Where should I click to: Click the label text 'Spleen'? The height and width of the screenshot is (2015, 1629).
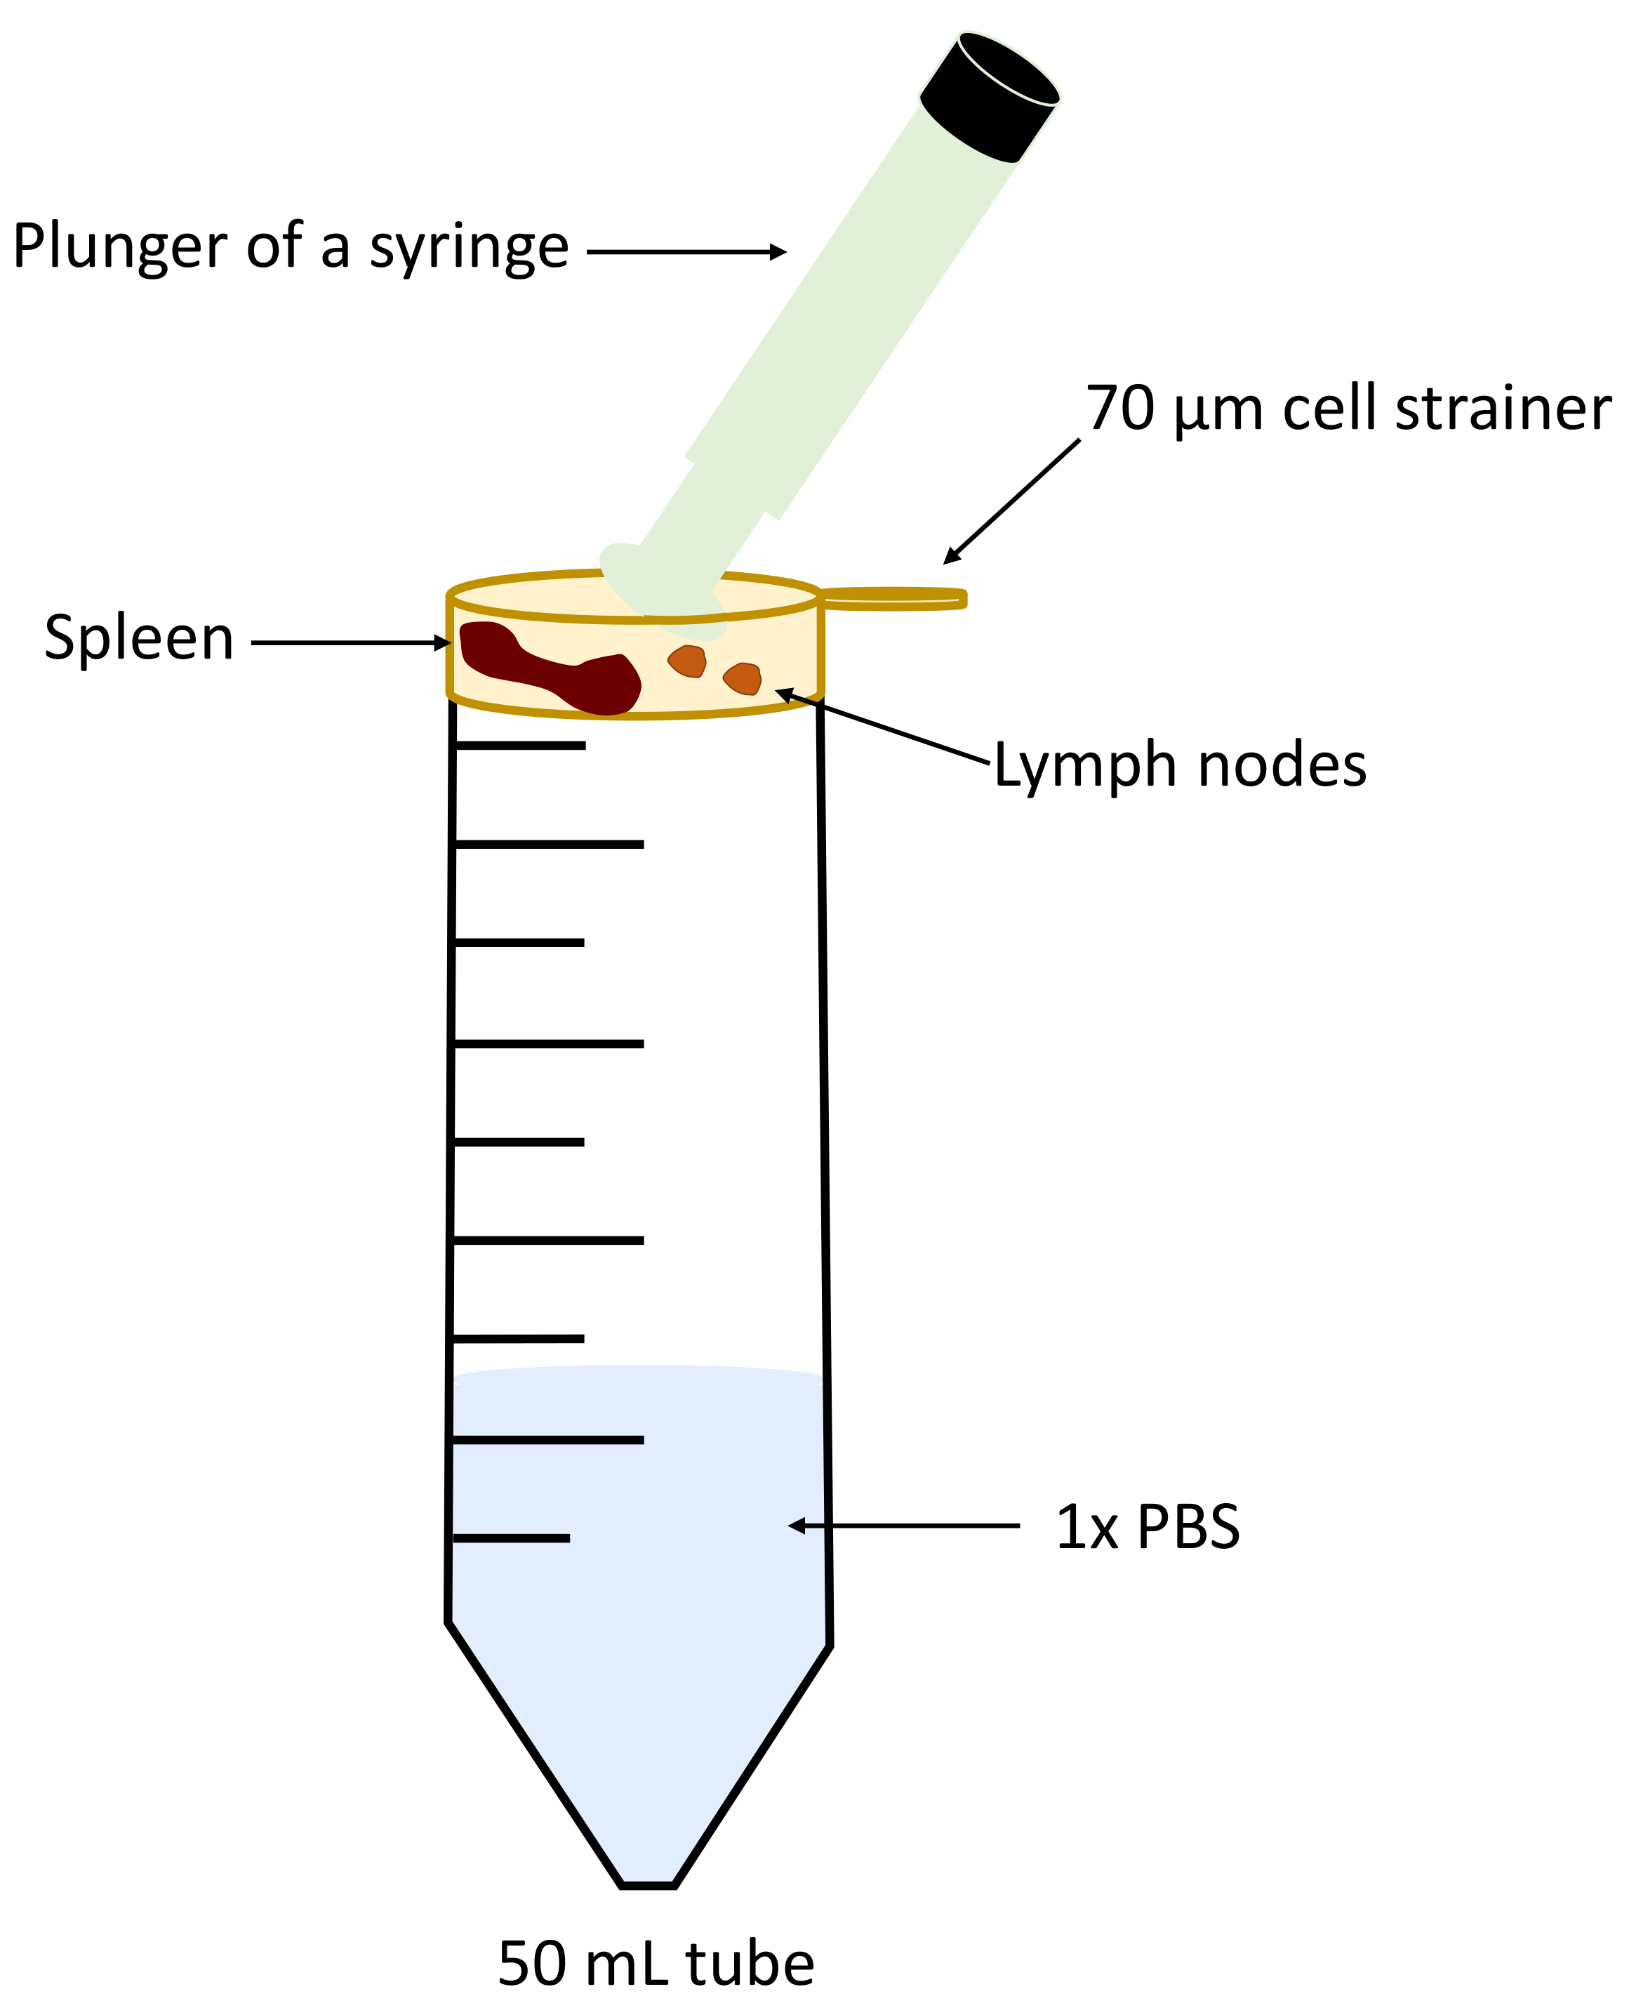pyautogui.click(x=139, y=639)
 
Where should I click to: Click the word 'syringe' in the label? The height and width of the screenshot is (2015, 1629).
pyautogui.click(x=469, y=248)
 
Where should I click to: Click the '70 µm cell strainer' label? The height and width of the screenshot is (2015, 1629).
pyautogui.click(x=1348, y=410)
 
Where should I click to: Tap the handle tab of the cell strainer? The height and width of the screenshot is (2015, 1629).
pyautogui.click(x=893, y=599)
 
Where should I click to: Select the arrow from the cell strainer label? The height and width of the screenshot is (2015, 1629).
pyautogui.click(x=1011, y=501)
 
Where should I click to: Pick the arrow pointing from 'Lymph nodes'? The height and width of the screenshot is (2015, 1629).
pyautogui.click(x=883, y=727)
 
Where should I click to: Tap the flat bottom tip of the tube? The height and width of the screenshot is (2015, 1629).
pyautogui.click(x=649, y=1884)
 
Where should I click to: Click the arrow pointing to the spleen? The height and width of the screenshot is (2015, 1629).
pyautogui.click(x=351, y=643)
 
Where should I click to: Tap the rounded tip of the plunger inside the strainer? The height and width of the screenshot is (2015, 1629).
pyautogui.click(x=663, y=590)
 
